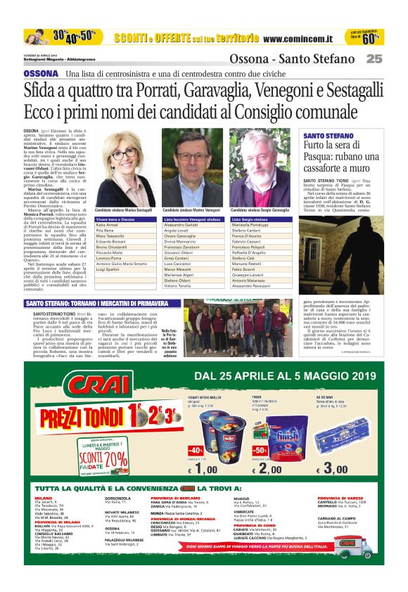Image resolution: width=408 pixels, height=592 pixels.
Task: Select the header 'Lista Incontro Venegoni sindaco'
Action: (189, 219)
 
